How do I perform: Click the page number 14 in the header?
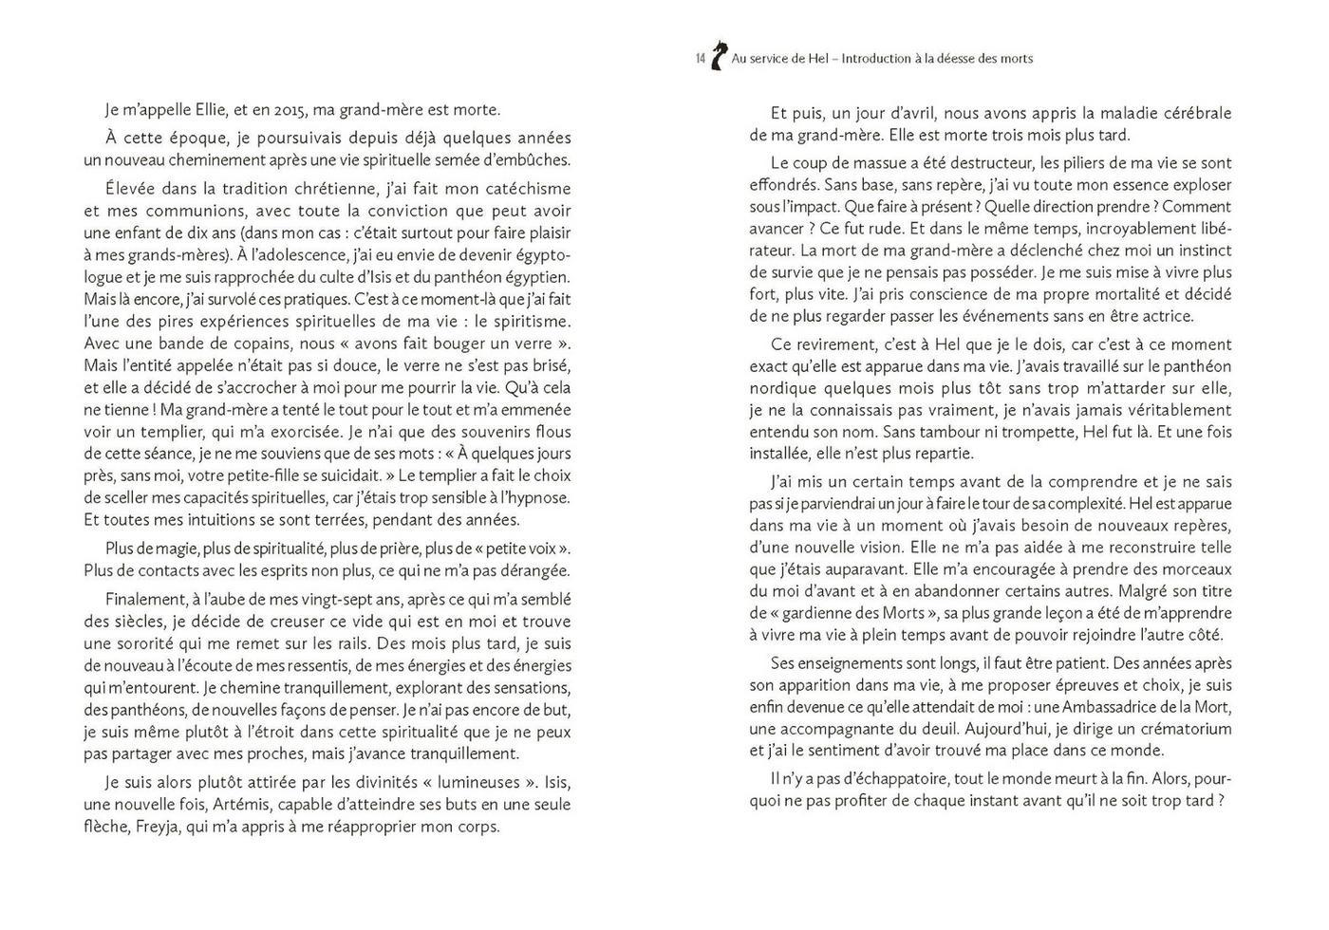pos(700,59)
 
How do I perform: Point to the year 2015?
pos(301,109)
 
